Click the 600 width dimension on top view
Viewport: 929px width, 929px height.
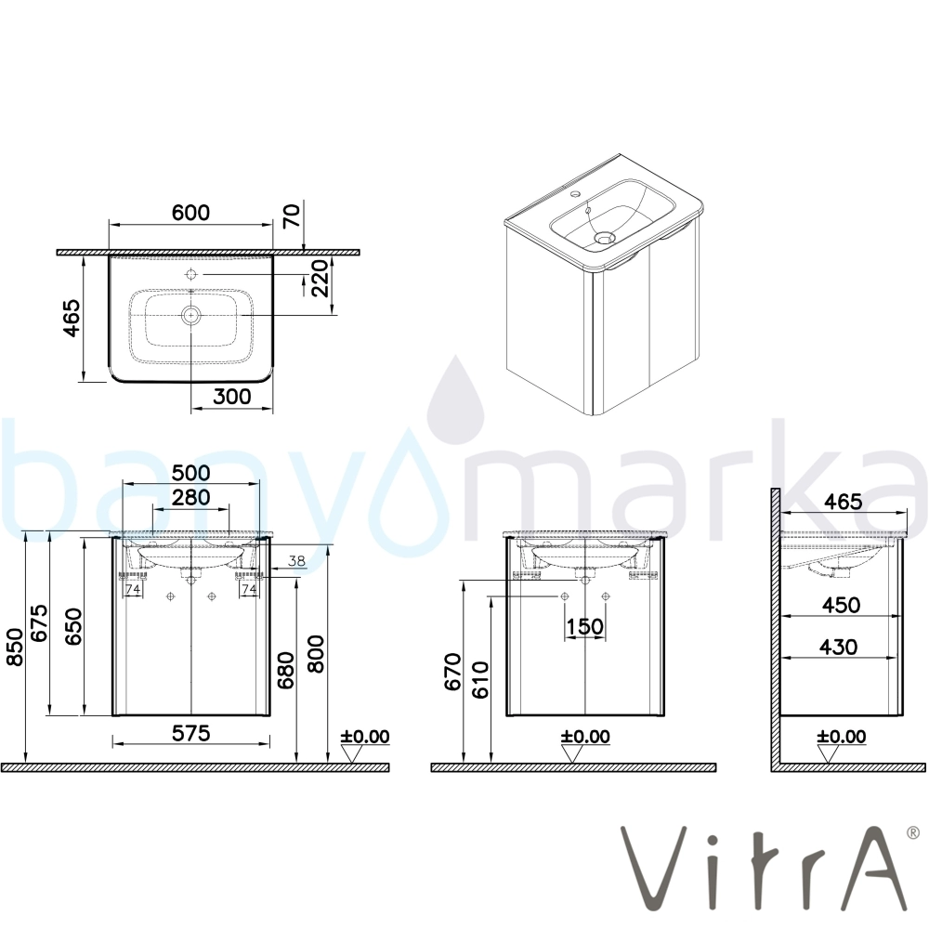click(x=190, y=212)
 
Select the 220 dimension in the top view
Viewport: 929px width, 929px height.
click(x=318, y=278)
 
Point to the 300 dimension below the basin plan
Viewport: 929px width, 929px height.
click(x=231, y=396)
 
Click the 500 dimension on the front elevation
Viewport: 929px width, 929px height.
click(x=190, y=472)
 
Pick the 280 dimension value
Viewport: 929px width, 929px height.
click(x=190, y=496)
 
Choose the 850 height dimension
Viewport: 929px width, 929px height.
click(x=14, y=647)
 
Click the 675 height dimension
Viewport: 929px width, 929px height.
click(x=40, y=623)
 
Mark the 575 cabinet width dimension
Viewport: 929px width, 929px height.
click(x=190, y=733)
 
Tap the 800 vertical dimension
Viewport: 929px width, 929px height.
click(x=317, y=653)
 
